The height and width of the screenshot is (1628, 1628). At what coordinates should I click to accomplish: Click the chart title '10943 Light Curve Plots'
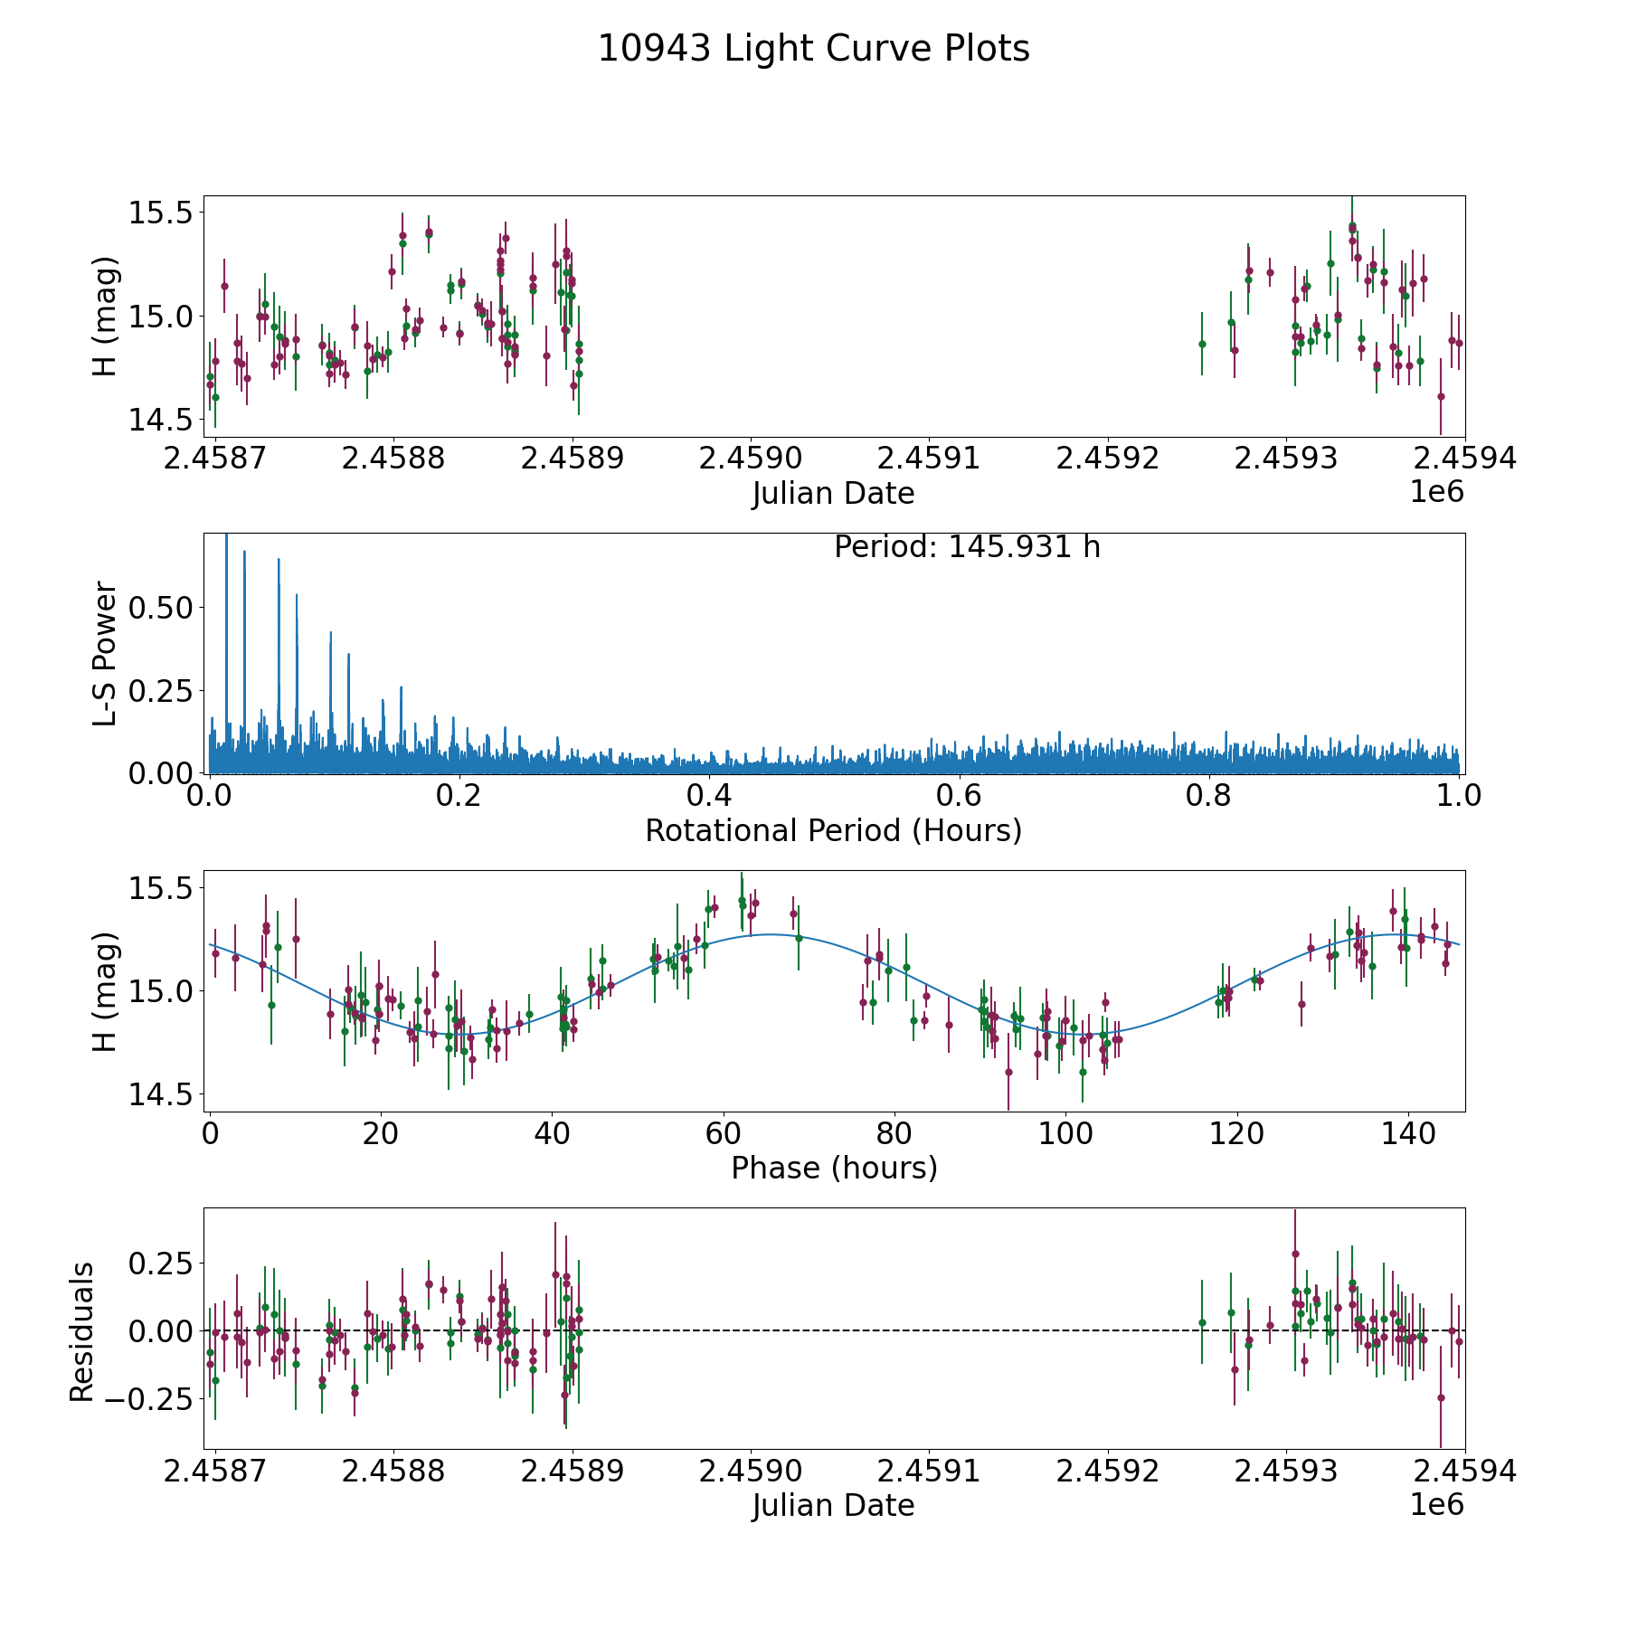point(813,49)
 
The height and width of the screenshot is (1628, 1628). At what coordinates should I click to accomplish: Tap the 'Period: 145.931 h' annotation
point(967,547)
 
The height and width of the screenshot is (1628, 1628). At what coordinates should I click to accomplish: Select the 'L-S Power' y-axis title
point(106,653)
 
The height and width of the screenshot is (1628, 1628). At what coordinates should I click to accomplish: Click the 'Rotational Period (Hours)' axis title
point(833,830)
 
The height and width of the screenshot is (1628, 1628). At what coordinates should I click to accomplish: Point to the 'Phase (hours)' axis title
point(834,1168)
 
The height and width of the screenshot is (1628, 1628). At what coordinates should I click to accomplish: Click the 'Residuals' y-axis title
point(82,1332)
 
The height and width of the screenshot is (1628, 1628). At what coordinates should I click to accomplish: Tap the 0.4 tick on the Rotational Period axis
point(709,796)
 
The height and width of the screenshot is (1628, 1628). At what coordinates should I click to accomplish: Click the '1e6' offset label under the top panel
point(1436,492)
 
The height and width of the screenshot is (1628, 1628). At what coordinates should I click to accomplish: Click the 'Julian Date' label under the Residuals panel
point(833,1506)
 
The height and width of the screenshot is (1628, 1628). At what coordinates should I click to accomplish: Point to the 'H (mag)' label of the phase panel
point(106,991)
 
